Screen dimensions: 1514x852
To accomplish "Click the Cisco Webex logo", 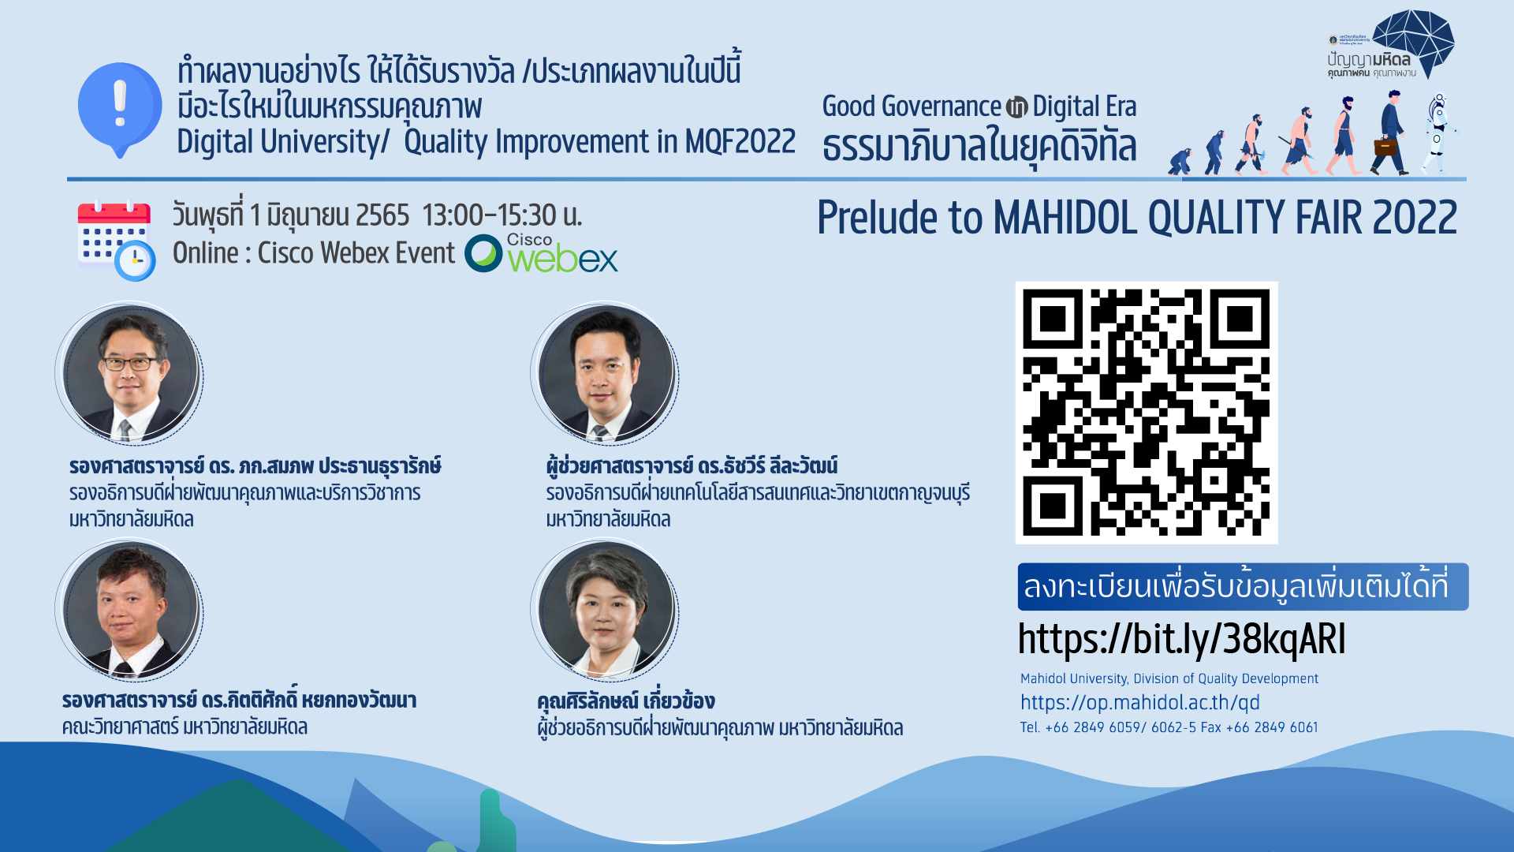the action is coord(541,253).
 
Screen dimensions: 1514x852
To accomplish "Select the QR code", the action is coord(1147,413).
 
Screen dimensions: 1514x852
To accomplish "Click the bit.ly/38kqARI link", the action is coord(1181,639).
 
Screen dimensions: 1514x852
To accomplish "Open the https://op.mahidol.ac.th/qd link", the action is coord(1139,702).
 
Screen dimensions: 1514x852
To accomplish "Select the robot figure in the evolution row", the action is coord(1438,133).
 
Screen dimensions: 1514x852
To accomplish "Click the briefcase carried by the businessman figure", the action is coord(1385,147).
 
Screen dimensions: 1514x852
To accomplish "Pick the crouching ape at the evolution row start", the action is coord(1180,161).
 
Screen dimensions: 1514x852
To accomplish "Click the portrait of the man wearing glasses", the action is coord(130,373).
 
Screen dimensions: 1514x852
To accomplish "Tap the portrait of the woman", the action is coord(606,610).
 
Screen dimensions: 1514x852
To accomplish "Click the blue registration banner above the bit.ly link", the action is coord(1243,586).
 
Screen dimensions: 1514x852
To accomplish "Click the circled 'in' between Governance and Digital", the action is coord(1017,106).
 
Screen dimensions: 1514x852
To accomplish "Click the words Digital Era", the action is coord(1084,106).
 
